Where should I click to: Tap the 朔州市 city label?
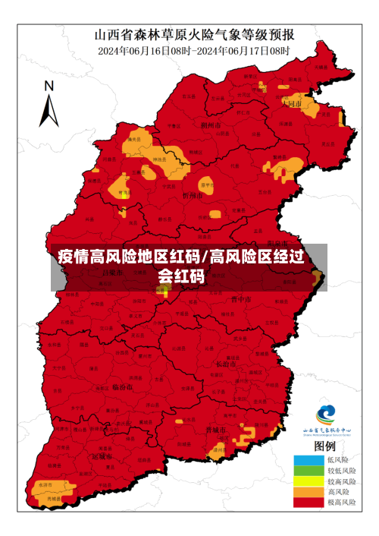point(211,125)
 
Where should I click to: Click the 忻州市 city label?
point(193,195)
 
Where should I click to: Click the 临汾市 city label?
point(123,386)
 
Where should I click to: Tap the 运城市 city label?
point(102,457)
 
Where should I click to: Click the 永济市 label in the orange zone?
point(45,484)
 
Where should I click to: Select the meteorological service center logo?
point(326,414)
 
